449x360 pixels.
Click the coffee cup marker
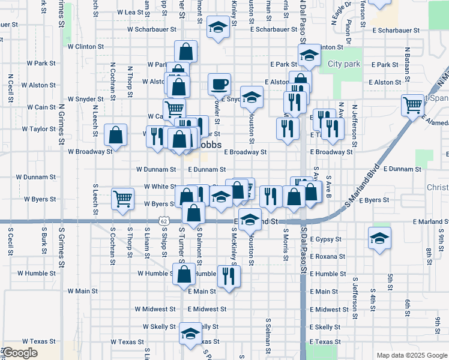219,84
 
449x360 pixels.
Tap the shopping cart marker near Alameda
413,105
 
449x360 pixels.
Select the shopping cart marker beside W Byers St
123,198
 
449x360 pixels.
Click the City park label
344,64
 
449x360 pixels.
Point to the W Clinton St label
86,46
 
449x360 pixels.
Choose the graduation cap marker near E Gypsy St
380,238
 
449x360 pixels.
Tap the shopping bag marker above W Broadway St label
116,135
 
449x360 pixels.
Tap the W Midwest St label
155,309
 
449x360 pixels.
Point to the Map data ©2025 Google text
411,355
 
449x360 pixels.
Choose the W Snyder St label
86,99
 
